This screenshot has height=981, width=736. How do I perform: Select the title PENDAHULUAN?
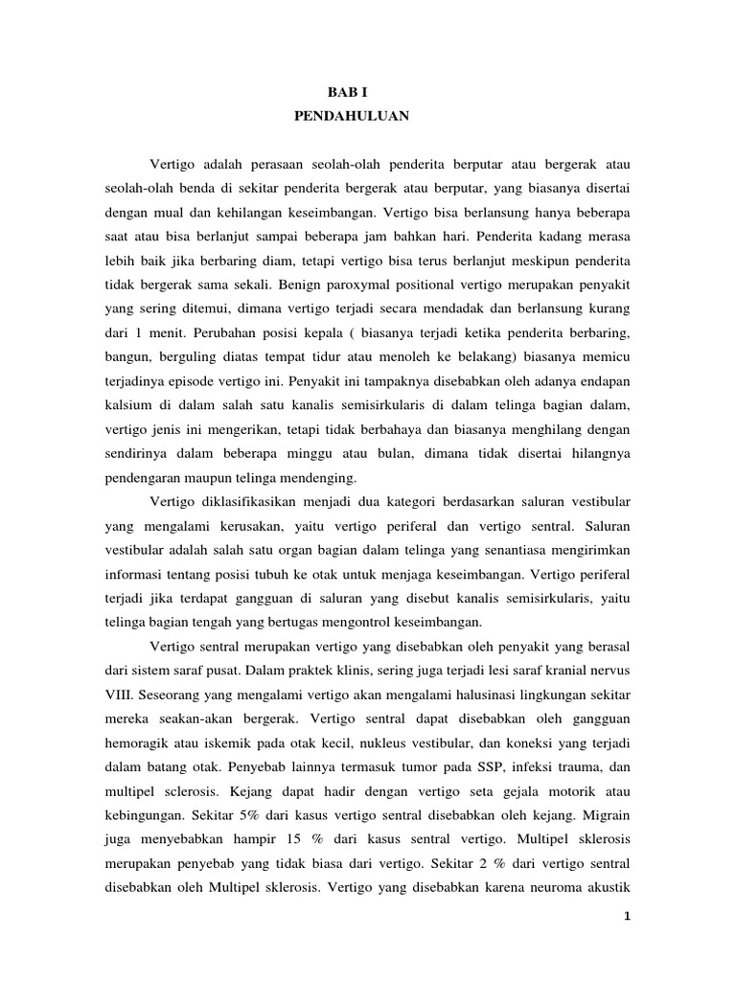point(350,116)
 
